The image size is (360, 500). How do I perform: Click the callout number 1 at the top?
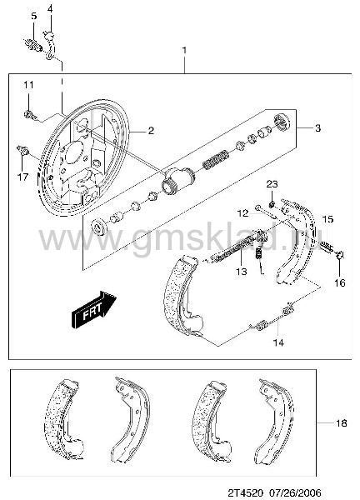pyautogui.click(x=184, y=50)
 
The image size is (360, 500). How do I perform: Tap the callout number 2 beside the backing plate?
pyautogui.click(x=151, y=130)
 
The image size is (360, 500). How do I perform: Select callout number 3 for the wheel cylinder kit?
pyautogui.click(x=317, y=128)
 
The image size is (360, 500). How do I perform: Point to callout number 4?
pyautogui.click(x=50, y=9)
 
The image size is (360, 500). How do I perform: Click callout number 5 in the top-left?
pyautogui.click(x=34, y=16)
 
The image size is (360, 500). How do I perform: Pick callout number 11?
pyautogui.click(x=28, y=85)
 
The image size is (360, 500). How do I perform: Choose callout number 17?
pyautogui.click(x=22, y=177)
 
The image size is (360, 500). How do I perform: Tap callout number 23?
pyautogui.click(x=272, y=184)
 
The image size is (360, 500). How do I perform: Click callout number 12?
pyautogui.click(x=243, y=213)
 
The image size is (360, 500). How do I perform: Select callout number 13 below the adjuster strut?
pyautogui.click(x=242, y=272)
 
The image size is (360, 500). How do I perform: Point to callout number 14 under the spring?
pyautogui.click(x=278, y=342)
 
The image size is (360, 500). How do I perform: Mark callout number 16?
pyautogui.click(x=340, y=282)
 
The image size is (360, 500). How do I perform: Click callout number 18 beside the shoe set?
pyautogui.click(x=341, y=423)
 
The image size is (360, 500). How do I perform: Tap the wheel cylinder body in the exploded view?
pyautogui.click(x=177, y=180)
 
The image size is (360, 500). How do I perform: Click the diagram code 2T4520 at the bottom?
pyautogui.click(x=246, y=492)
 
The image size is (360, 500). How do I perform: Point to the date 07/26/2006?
pyautogui.click(x=294, y=492)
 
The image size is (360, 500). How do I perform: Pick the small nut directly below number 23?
pyautogui.click(x=272, y=204)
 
